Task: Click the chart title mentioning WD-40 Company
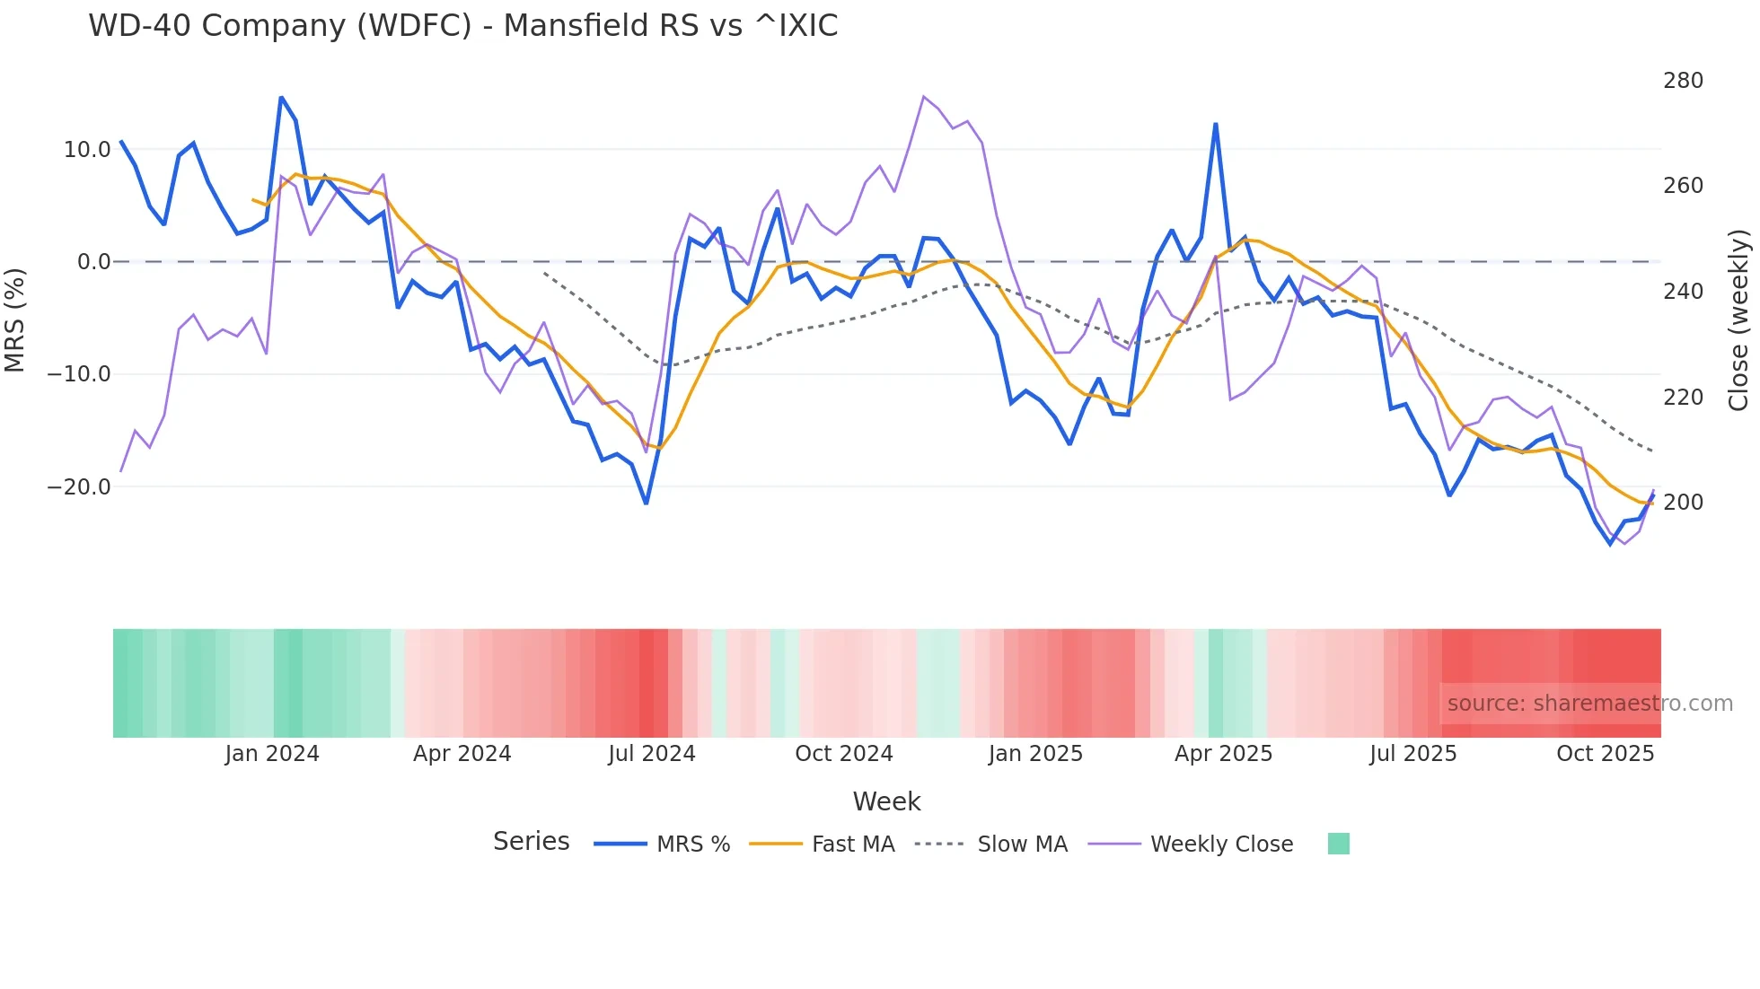pos(462,25)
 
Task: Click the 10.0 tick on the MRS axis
pos(87,150)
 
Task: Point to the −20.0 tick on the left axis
pos(79,487)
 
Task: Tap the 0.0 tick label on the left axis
pos(93,262)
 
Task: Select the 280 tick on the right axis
pos(1683,81)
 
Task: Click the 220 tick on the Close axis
pos(1683,397)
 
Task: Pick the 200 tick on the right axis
pos(1683,503)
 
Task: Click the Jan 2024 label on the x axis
pos(272,754)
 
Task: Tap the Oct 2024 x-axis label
pos(843,754)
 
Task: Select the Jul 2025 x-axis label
pos(1412,754)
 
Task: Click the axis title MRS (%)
pos(15,319)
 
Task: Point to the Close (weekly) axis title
pos(1739,319)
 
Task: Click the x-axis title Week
pos(886,801)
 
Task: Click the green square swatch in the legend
pos(1338,844)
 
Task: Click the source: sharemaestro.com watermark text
pos(1589,704)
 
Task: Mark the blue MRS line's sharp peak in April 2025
pos(1215,125)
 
